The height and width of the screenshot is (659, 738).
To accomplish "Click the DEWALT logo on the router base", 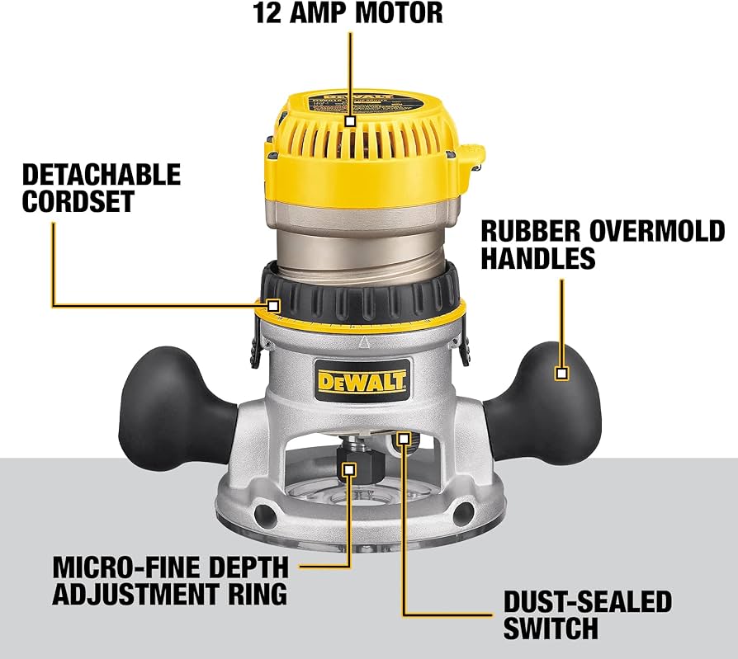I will coord(362,381).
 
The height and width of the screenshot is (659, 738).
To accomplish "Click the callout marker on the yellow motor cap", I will coord(350,120).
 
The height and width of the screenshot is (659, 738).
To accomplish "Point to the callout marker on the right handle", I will coord(562,373).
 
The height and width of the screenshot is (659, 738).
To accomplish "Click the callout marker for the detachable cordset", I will coord(274,306).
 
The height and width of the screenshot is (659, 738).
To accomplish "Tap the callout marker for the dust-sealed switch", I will coord(404,436).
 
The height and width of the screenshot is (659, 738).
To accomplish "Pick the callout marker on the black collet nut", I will coord(349,468).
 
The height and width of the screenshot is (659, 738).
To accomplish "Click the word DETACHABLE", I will coord(101,174).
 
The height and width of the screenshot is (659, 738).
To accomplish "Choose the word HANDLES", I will coord(537,259).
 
